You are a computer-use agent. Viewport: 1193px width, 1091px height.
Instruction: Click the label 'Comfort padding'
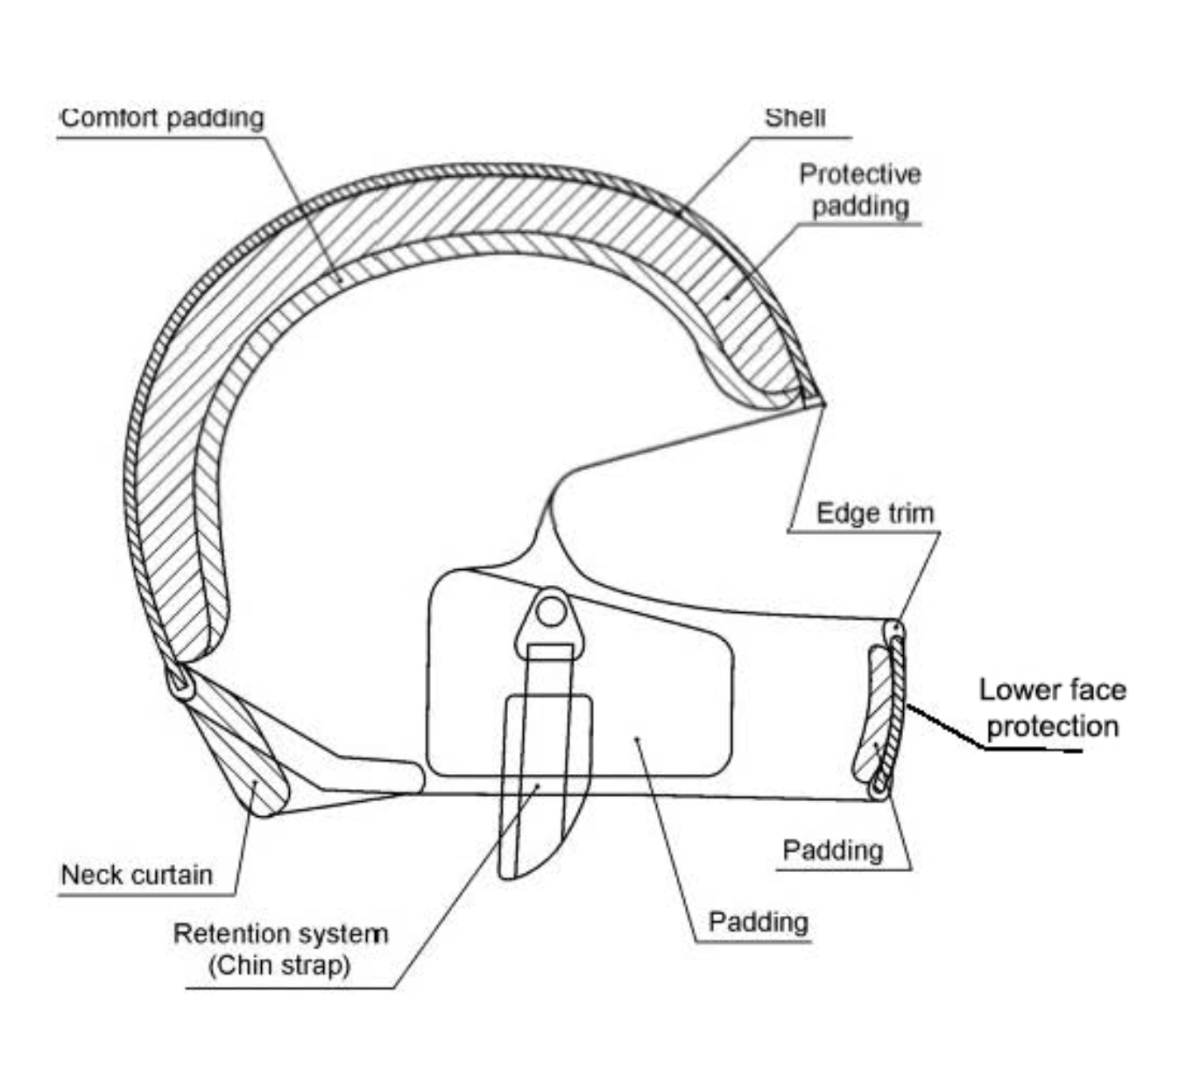click(162, 118)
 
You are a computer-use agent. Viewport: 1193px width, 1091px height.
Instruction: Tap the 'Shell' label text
click(794, 117)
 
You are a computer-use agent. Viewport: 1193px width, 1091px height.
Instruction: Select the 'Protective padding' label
click(860, 190)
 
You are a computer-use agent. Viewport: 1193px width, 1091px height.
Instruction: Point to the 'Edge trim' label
click(875, 513)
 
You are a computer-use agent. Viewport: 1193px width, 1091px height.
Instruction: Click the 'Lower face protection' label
click(1052, 708)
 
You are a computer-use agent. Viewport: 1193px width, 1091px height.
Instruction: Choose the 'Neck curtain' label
click(137, 876)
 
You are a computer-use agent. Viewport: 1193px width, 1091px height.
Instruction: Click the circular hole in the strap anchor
click(551, 612)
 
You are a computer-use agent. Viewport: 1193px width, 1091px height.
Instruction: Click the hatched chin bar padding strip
click(872, 714)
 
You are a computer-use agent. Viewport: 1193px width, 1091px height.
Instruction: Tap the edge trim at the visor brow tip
click(813, 400)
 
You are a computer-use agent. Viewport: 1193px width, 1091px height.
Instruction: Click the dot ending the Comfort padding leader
click(340, 279)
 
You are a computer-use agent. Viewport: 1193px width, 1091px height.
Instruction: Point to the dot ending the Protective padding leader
click(726, 297)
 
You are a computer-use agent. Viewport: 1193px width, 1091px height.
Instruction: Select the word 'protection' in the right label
click(1053, 727)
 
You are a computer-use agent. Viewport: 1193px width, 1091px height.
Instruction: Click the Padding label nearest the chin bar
click(833, 850)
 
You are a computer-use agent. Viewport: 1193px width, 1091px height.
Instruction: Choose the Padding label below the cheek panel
click(759, 922)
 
